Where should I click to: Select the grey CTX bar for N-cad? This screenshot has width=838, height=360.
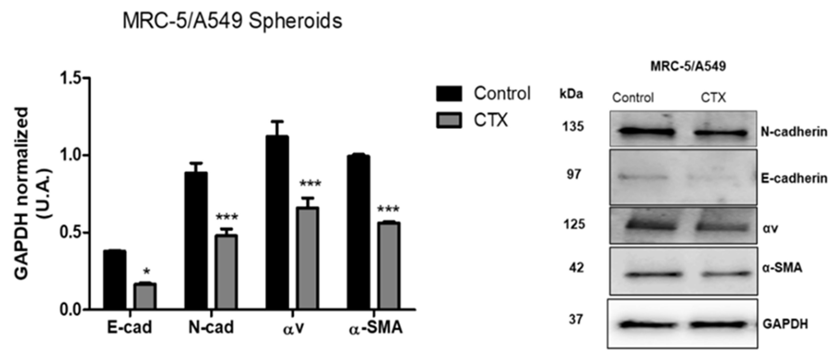pyautogui.click(x=227, y=272)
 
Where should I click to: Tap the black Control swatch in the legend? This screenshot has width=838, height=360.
pyautogui.click(x=449, y=94)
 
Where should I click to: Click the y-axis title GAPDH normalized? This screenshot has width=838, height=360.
pyautogui.click(x=22, y=194)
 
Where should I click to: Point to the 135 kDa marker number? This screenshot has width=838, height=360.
pyautogui.click(x=574, y=127)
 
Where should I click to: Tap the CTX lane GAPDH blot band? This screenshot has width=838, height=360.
pyautogui.click(x=717, y=325)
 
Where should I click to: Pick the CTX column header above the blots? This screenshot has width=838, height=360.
pyautogui.click(x=713, y=98)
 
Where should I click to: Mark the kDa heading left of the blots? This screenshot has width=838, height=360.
pyautogui.click(x=571, y=94)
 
